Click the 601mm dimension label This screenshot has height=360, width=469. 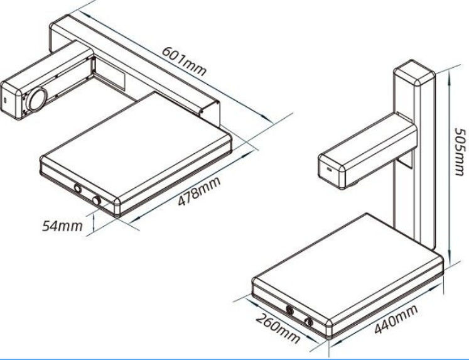(184, 62)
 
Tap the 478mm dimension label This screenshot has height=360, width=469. (199, 192)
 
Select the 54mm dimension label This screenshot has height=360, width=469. (62, 226)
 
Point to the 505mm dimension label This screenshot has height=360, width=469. (460, 151)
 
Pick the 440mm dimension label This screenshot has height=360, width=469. (396, 319)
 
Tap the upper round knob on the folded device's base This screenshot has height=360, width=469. (78, 188)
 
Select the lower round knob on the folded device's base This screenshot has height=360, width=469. (97, 200)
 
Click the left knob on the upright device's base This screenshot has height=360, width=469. (289, 310)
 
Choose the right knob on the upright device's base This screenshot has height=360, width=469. (309, 322)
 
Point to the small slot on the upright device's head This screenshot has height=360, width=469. (330, 170)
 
